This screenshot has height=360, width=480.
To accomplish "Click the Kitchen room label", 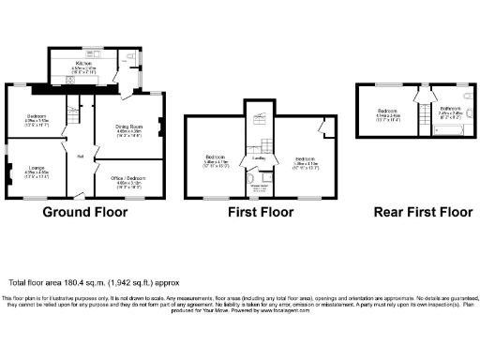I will point(98,63).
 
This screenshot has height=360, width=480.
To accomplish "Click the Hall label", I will point(81,156).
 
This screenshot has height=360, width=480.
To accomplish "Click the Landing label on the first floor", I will point(259,158).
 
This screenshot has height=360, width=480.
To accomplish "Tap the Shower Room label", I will point(260,186).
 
